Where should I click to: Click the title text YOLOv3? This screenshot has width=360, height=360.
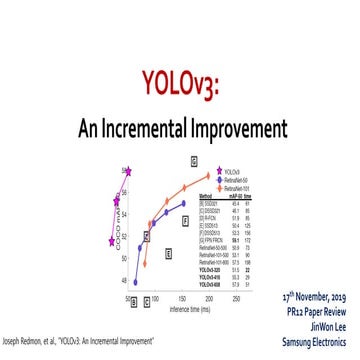(179, 82)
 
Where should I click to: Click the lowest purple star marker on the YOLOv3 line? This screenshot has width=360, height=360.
(113, 240)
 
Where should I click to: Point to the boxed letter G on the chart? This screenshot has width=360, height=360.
(194, 160)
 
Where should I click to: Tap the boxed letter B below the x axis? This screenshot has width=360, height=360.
(134, 300)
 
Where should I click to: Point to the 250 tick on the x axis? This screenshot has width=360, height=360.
(236, 298)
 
